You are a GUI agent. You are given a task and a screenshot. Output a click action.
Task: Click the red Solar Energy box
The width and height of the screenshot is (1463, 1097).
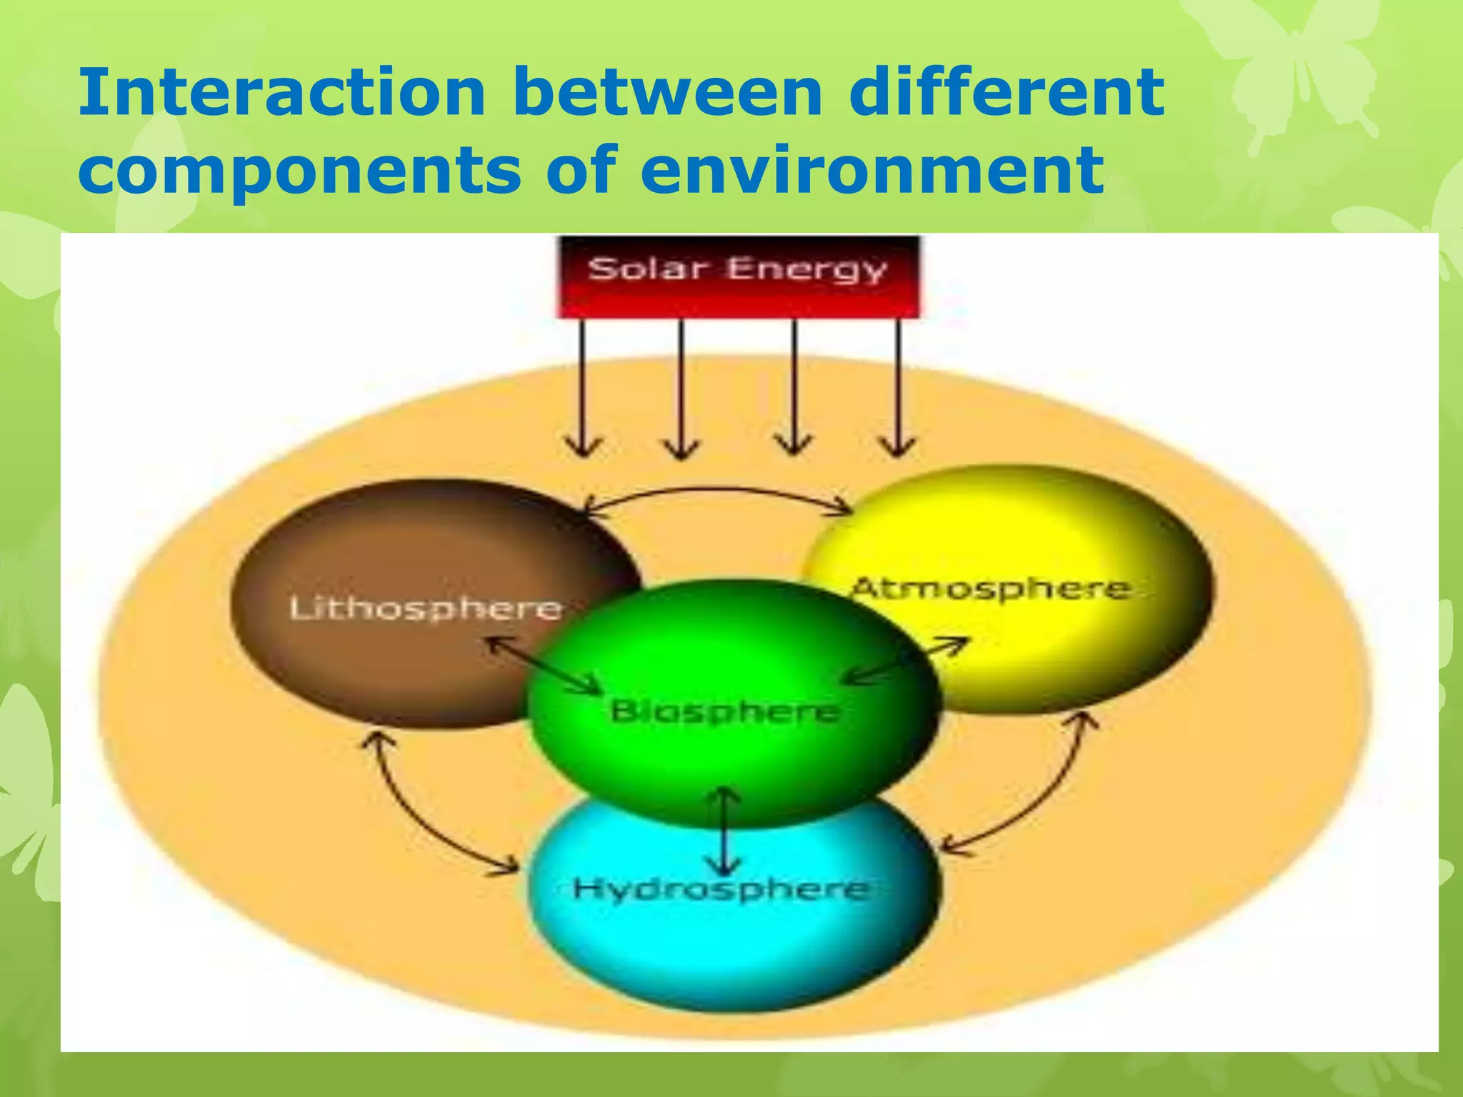(739, 277)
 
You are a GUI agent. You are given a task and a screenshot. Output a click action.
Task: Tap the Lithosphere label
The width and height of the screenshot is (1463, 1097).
(426, 608)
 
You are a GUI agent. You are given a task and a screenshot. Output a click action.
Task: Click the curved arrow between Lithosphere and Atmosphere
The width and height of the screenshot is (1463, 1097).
(718, 491)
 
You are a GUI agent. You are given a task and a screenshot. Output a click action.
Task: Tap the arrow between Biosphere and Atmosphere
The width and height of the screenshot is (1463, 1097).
(906, 661)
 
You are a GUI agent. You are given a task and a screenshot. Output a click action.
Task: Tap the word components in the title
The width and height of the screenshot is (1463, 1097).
(300, 171)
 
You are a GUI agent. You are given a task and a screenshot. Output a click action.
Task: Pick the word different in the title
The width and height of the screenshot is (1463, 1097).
(1007, 93)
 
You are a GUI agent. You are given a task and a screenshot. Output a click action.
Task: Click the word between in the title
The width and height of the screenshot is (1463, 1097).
(668, 93)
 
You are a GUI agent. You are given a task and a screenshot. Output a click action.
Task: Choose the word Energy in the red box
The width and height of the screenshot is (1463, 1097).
(807, 270)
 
